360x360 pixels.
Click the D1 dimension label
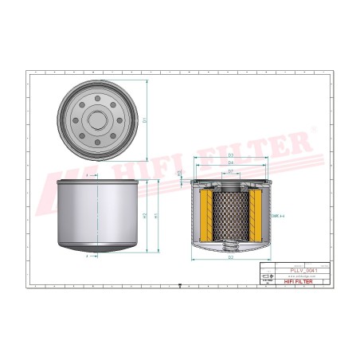coord(146,120)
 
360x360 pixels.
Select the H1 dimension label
coord(156,216)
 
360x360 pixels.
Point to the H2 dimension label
coord(144,216)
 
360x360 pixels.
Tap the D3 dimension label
coord(230,155)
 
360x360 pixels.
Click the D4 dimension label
coord(230,162)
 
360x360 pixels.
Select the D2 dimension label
coord(230,258)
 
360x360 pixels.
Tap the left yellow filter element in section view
coord(206,216)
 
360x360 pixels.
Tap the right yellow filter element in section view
coord(255,216)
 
